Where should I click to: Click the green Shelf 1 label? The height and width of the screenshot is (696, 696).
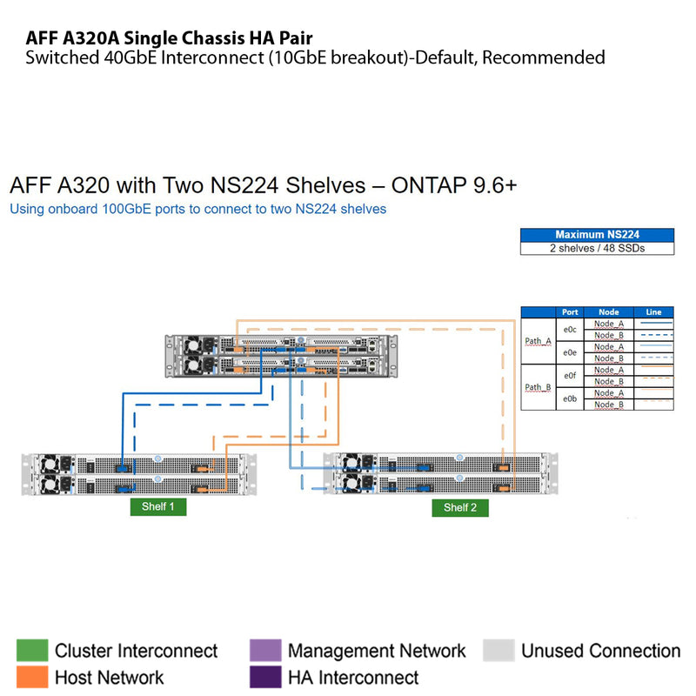point(157,506)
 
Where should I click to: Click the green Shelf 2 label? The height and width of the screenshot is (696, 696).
point(459,507)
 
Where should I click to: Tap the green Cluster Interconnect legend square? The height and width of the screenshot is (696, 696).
point(32,650)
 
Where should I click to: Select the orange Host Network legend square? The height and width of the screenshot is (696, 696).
point(32,677)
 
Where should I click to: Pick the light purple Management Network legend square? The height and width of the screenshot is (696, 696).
point(265,650)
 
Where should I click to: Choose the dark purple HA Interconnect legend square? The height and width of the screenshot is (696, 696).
point(265,677)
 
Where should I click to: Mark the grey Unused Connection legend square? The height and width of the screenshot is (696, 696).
point(499,650)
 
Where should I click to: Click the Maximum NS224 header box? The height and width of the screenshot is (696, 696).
point(597,235)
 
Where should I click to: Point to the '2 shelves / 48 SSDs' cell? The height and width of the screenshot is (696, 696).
point(597,248)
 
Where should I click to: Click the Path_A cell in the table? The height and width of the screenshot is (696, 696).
point(538,341)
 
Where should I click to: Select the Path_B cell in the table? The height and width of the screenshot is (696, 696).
point(538,387)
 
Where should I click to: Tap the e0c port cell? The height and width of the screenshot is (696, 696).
point(570,330)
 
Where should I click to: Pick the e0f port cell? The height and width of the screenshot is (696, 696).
point(570,376)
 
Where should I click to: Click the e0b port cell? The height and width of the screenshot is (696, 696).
point(570,398)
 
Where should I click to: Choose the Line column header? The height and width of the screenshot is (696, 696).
point(653,312)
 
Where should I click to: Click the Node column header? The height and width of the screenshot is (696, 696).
point(609,312)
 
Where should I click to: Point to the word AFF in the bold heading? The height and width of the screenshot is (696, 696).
point(43,38)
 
